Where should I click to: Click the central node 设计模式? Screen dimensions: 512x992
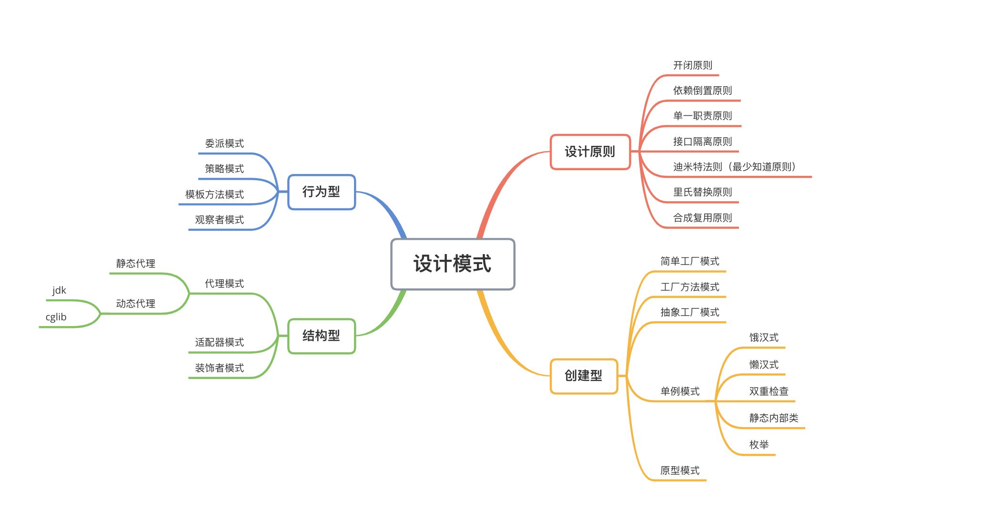click(453, 264)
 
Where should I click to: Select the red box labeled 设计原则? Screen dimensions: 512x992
click(590, 152)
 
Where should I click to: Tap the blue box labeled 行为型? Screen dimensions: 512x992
click(322, 192)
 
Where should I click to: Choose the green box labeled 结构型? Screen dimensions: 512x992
click(322, 336)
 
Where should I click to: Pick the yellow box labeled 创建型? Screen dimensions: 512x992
click(584, 376)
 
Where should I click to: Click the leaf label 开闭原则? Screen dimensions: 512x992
click(693, 65)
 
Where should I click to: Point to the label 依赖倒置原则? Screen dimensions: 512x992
click(702, 91)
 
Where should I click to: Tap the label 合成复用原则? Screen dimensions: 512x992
click(702, 218)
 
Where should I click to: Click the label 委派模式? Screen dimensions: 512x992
click(224, 143)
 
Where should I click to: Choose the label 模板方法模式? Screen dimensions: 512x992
click(214, 195)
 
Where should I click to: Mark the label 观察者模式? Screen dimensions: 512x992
click(219, 220)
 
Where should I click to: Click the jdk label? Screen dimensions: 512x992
click(59, 290)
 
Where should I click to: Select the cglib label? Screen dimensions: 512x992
click(56, 317)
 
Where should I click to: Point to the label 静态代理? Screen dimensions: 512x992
click(136, 264)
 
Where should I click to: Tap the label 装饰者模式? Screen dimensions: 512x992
click(219, 368)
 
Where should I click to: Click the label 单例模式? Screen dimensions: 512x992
click(680, 391)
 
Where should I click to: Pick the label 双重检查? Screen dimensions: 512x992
click(769, 391)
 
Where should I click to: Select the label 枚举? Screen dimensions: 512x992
click(759, 445)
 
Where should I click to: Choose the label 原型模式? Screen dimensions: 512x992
click(680, 471)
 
